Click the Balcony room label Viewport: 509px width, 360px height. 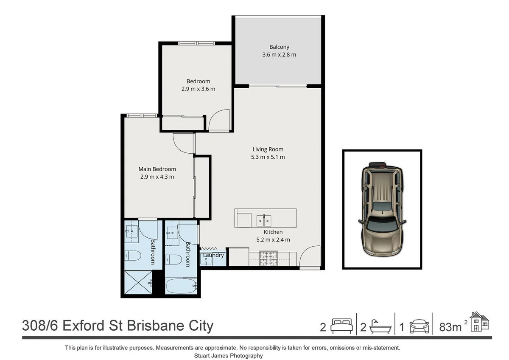coord(279,47)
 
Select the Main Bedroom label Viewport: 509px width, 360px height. coord(157,169)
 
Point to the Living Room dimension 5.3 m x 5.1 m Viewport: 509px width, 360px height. coord(268,157)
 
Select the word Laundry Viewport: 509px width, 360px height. coord(213,255)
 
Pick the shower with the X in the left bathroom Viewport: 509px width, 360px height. coord(137,284)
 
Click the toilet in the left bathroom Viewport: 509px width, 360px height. coord(133,256)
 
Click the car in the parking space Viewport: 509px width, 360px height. coord(382,209)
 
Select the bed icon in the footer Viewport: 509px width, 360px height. coord(341,326)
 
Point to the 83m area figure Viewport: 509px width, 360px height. coord(450,327)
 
